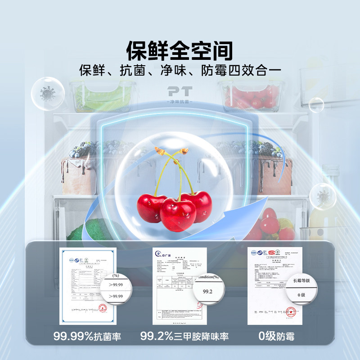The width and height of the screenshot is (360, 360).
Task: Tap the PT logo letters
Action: [x=180, y=90]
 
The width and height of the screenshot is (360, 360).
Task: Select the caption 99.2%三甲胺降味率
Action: [x=184, y=336]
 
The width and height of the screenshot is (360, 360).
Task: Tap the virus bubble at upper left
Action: [x=47, y=93]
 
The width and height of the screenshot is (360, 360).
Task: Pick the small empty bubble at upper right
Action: [x=316, y=104]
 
